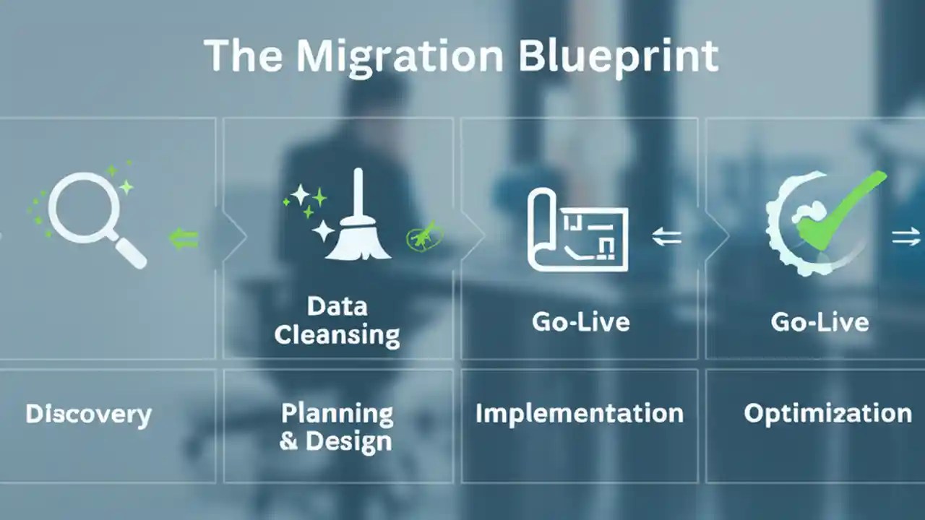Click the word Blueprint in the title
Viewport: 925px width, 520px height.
pyautogui.click(x=619, y=56)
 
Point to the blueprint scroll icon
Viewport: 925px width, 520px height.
pyautogui.click(x=577, y=230)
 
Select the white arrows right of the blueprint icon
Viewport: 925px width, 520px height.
pyautogui.click(x=666, y=235)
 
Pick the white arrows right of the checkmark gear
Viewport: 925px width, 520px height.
pyautogui.click(x=905, y=236)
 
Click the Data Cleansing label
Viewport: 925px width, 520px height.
pyautogui.click(x=337, y=320)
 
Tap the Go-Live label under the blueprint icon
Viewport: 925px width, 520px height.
pyautogui.click(x=580, y=321)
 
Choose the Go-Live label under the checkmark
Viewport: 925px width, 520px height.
pyautogui.click(x=819, y=321)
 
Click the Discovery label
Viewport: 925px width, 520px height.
pyautogui.click(x=88, y=414)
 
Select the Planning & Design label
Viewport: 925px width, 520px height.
pyautogui.click(x=337, y=427)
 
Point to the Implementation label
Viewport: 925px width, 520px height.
pyautogui.click(x=579, y=413)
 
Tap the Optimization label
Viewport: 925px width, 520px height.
pyautogui.click(x=827, y=413)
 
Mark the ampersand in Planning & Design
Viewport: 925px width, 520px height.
pyautogui.click(x=288, y=441)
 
